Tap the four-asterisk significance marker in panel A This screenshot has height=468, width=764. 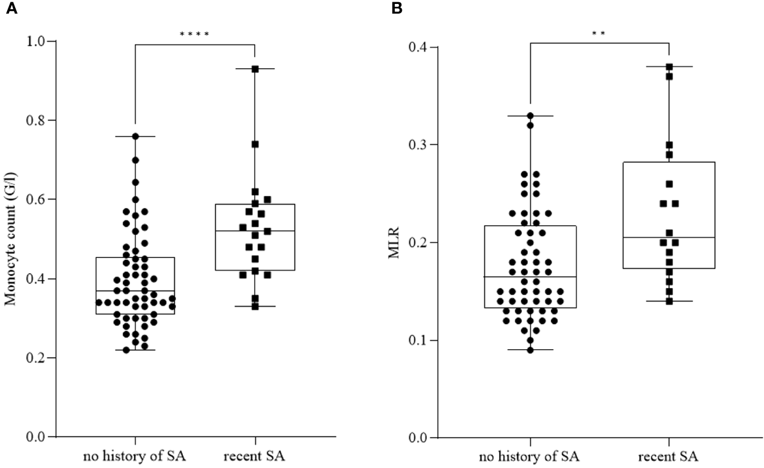tap(195, 35)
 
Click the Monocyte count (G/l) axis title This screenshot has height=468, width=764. tap(10, 239)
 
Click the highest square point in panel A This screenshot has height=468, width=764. tap(255, 69)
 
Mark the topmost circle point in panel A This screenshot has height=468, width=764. tap(135, 136)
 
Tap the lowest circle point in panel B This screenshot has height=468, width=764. tap(530, 350)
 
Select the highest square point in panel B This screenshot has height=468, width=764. tap(669, 66)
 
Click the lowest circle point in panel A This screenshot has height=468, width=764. tap(127, 350)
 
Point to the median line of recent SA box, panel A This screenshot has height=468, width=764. tap(255, 231)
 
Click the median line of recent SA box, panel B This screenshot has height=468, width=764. tap(669, 238)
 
